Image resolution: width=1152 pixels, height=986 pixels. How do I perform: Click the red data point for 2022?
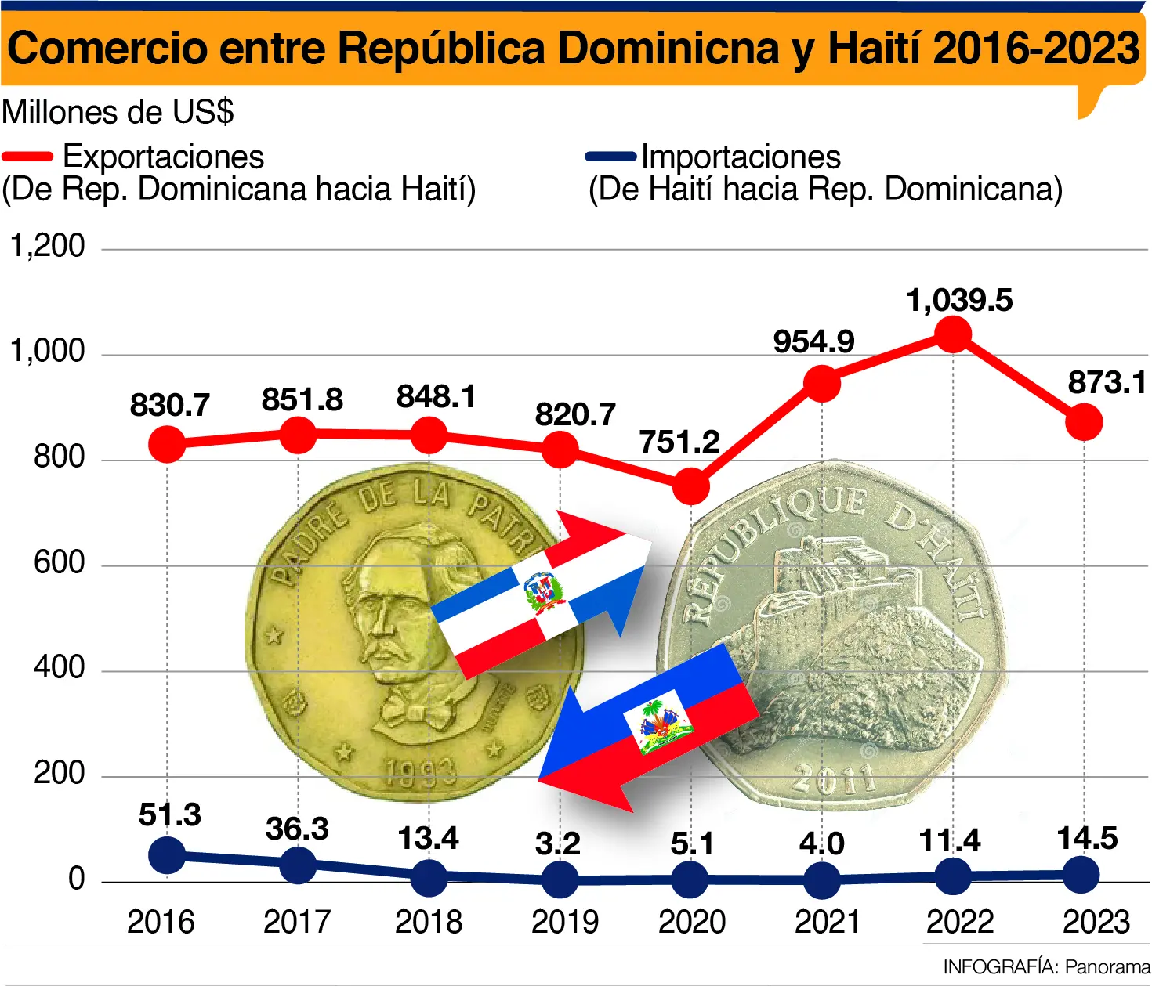pyautogui.click(x=953, y=334)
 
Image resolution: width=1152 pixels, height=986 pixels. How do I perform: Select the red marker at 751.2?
pyautogui.click(x=691, y=486)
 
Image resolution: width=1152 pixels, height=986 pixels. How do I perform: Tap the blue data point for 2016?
pyautogui.click(x=167, y=854)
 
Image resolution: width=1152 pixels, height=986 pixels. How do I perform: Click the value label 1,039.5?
pyautogui.click(x=959, y=301)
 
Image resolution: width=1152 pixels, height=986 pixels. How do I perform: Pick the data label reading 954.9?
pyautogui.click(x=813, y=341)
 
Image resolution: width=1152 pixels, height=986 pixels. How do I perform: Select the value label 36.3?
pyautogui.click(x=297, y=829)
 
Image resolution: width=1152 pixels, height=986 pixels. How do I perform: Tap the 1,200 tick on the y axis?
pyautogui.click(x=47, y=246)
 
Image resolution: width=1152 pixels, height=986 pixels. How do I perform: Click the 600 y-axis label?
pyautogui.click(x=59, y=562)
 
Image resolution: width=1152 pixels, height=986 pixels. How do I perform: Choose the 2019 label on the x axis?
pyautogui.click(x=564, y=922)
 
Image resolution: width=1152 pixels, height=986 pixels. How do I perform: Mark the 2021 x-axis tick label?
pyautogui.click(x=828, y=922)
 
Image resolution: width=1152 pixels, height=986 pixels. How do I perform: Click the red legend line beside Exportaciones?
pyautogui.click(x=27, y=157)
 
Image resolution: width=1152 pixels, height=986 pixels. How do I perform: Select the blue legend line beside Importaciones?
pyautogui.click(x=610, y=157)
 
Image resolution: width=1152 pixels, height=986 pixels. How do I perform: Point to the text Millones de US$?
pyautogui.click(x=118, y=112)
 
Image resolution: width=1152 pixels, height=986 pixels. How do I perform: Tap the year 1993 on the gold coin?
pyautogui.click(x=421, y=773)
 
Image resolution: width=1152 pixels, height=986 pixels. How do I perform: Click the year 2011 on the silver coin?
pyautogui.click(x=834, y=778)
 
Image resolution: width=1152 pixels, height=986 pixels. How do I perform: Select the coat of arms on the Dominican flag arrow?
pyautogui.click(x=545, y=593)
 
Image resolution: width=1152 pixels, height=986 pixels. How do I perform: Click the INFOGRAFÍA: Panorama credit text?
pyautogui.click(x=1046, y=966)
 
